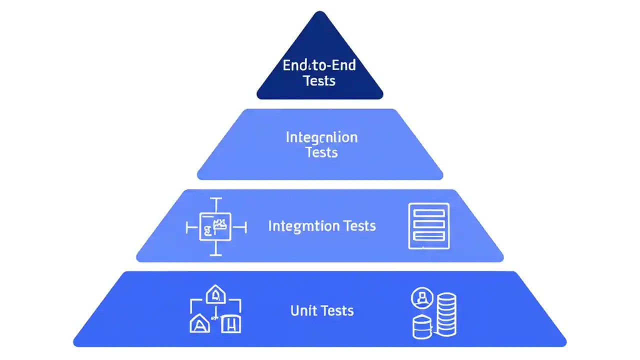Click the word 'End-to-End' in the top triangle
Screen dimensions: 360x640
click(x=319, y=65)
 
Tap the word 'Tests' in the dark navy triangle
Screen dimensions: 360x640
click(x=319, y=80)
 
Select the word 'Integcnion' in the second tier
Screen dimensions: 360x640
click(x=321, y=137)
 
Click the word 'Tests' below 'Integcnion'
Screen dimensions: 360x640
click(x=321, y=152)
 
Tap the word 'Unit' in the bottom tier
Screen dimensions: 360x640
click(x=301, y=311)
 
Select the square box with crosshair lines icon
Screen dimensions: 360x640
click(x=215, y=227)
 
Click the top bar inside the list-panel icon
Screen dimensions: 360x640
click(x=429, y=213)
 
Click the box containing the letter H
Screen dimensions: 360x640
click(x=231, y=324)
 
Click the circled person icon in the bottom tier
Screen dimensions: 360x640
click(x=421, y=299)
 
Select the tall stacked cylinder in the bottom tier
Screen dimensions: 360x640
click(x=446, y=313)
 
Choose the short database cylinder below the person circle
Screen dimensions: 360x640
click(x=421, y=327)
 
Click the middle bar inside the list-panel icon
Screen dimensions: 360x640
click(x=429, y=224)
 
